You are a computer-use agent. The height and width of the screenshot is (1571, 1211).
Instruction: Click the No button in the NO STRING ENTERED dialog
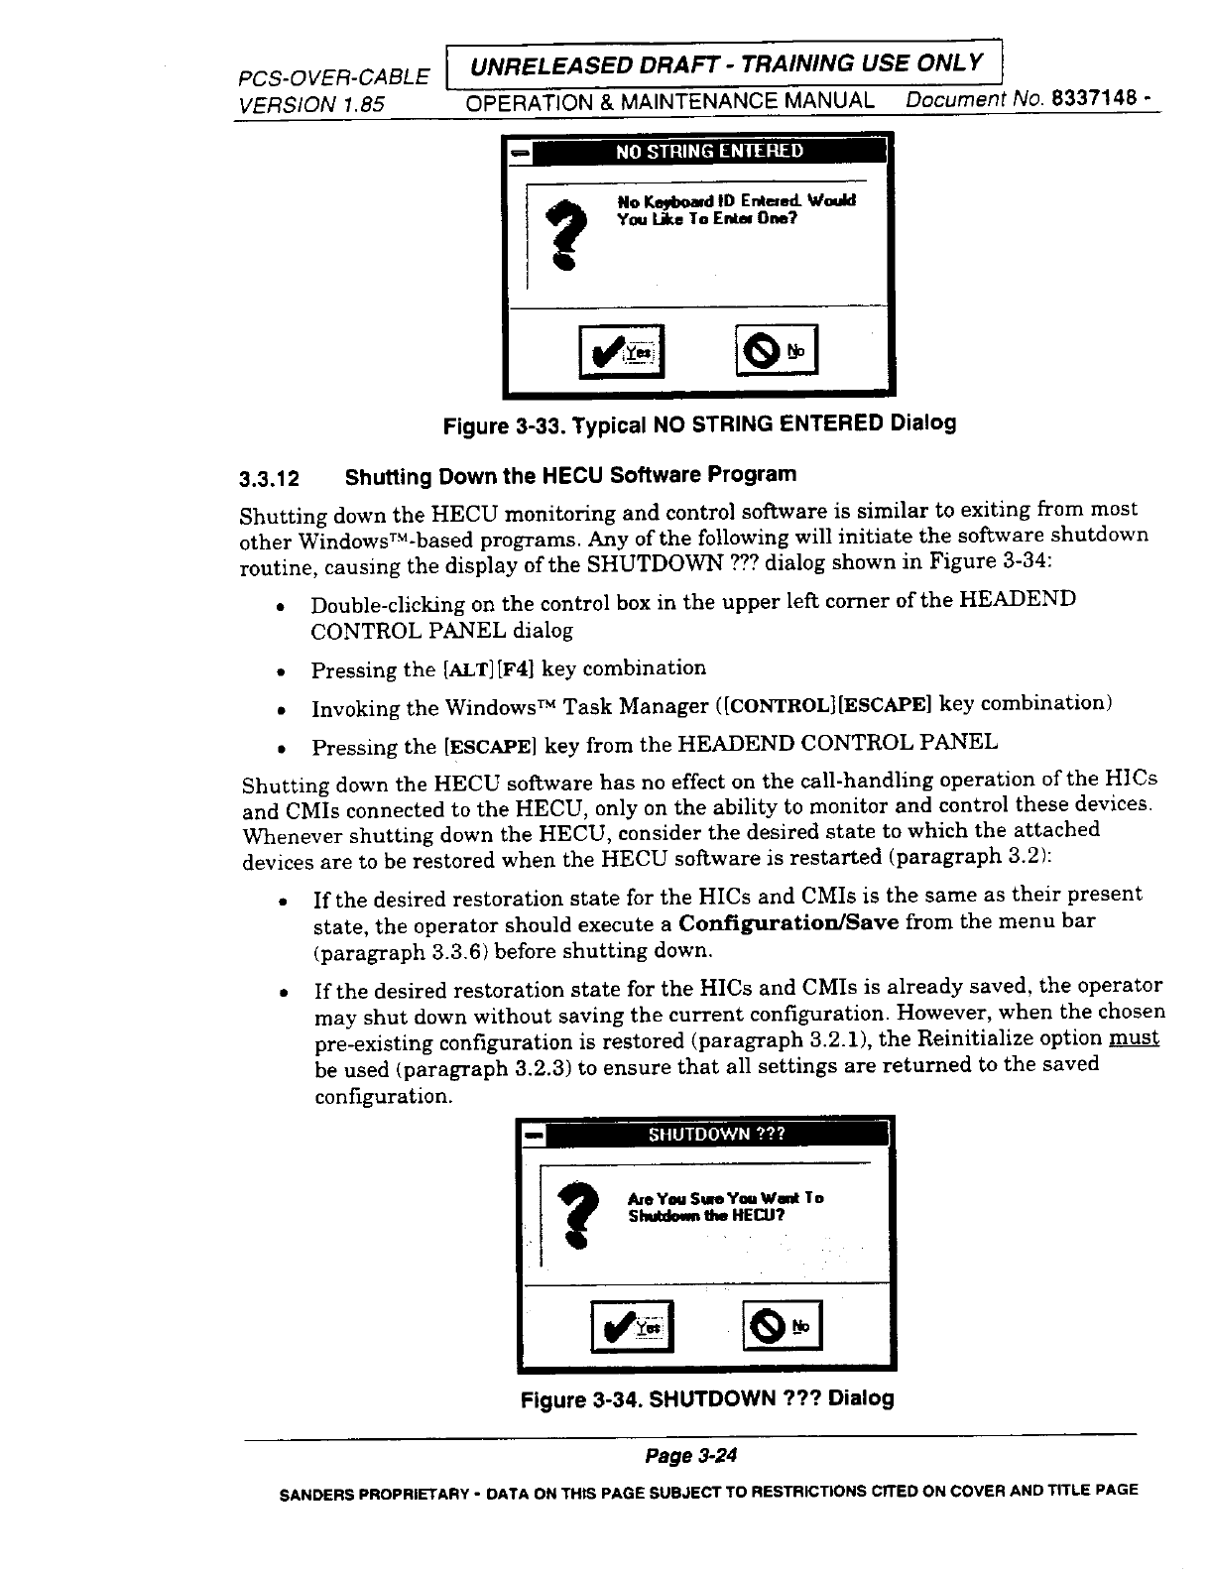[x=777, y=350]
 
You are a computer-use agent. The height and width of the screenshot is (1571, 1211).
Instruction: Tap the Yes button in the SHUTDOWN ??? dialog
[x=632, y=1326]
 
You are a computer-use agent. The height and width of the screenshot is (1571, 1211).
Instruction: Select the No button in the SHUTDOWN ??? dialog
[x=783, y=1325]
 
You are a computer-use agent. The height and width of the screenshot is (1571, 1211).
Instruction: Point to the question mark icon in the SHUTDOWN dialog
[x=575, y=1216]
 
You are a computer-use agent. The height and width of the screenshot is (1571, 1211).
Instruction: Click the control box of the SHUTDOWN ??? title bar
[x=534, y=1134]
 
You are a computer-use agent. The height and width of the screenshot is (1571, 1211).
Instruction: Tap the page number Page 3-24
[x=691, y=1456]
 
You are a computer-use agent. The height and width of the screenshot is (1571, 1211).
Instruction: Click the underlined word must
[x=1135, y=1038]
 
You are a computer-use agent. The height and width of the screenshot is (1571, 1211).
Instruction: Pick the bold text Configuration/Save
[x=788, y=922]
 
